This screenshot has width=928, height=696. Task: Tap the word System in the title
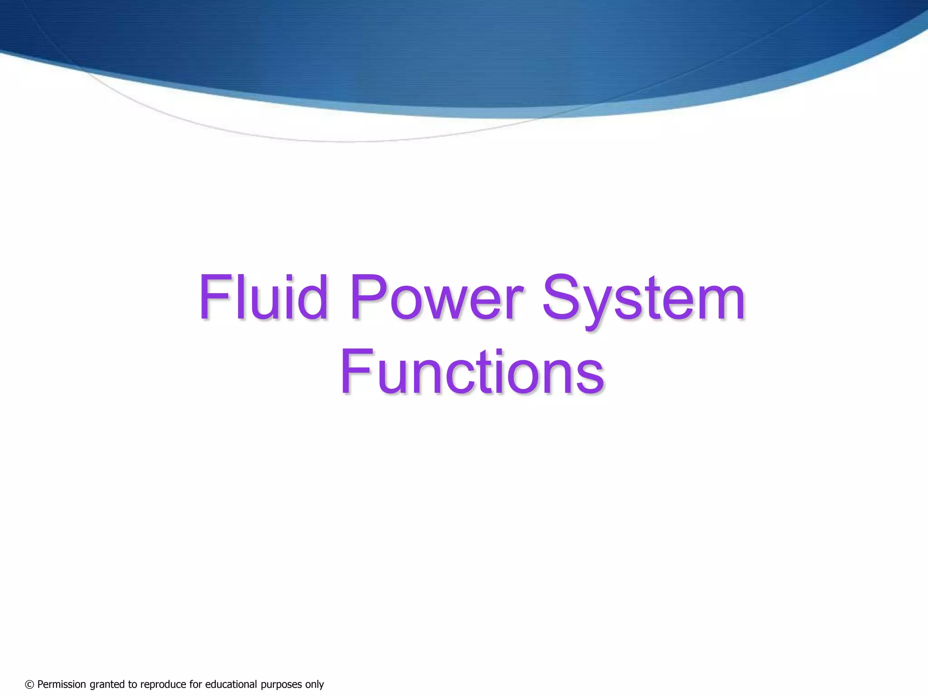point(643,299)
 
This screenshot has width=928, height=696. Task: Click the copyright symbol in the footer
point(29,684)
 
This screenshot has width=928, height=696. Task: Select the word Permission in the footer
point(62,684)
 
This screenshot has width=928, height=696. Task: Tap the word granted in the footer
point(106,685)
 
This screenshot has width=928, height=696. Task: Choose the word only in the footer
point(314,685)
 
